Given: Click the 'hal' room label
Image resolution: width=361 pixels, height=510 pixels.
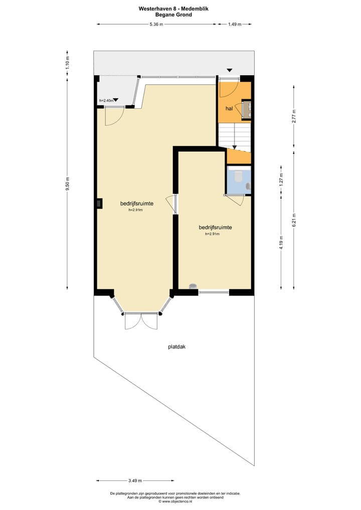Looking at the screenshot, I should click(x=229, y=108).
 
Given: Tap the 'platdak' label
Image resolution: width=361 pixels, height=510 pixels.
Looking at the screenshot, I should click(x=177, y=346).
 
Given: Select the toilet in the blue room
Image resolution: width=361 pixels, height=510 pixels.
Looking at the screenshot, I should click(x=238, y=176).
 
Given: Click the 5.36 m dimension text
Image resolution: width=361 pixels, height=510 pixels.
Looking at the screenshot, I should click(x=156, y=24).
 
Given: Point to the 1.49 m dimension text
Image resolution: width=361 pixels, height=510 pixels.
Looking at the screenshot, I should click(x=234, y=24).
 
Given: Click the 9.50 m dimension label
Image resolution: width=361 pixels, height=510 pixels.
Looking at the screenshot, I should click(x=68, y=184).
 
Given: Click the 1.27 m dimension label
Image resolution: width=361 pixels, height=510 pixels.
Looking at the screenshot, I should click(x=281, y=179).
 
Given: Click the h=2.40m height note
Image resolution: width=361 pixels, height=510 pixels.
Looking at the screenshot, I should click(x=106, y=101).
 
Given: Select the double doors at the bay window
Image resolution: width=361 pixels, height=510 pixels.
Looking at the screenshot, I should click(x=141, y=321).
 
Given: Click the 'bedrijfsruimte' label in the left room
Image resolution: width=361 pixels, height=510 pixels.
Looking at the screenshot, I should click(x=136, y=203).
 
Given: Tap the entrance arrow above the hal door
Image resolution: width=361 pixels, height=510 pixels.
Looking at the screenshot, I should click(x=229, y=70).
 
